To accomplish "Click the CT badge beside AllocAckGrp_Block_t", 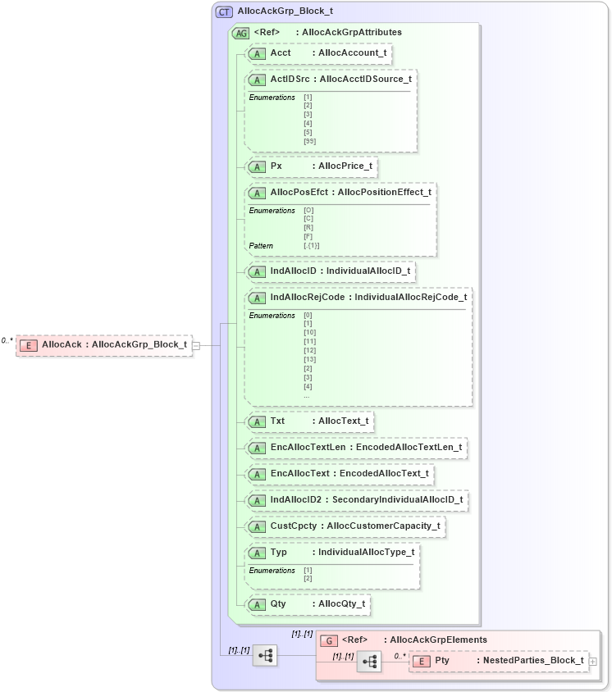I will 224,11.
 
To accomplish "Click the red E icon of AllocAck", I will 29,345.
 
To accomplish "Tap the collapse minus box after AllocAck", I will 196,345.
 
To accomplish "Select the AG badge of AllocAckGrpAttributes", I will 241,33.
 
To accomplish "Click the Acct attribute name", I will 281,53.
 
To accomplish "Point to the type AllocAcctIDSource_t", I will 365,80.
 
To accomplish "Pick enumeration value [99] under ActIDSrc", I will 309,142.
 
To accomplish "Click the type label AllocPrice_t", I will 345,166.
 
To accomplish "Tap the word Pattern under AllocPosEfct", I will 261,246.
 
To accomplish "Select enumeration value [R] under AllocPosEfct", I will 308,228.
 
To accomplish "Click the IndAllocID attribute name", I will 293,271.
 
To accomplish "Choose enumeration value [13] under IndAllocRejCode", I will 309,359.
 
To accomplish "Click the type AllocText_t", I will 344,421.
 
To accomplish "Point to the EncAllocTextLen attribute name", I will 308,448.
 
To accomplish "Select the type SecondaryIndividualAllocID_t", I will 397,499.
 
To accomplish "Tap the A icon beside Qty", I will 256,604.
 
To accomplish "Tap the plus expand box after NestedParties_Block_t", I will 592,661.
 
